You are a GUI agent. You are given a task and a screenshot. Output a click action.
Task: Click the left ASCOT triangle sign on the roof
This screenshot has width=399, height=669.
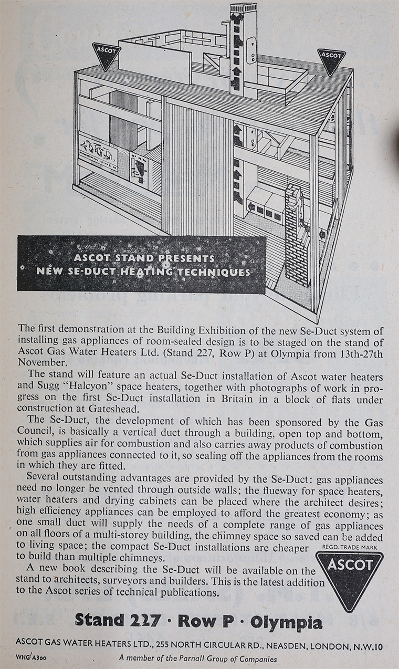click(x=107, y=55)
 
